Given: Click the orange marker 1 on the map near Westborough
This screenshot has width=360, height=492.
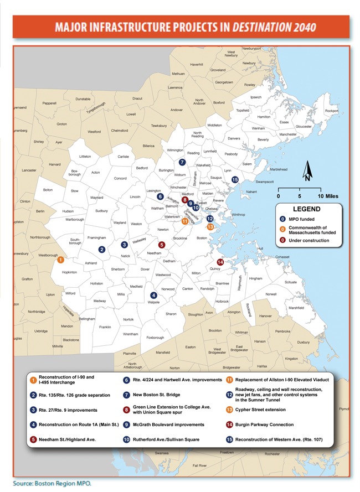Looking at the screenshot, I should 60,259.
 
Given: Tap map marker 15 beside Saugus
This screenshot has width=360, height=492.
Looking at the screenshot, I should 235,179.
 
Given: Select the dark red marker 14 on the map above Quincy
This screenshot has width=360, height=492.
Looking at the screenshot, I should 220,262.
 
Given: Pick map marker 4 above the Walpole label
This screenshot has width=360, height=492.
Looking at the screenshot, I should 153,295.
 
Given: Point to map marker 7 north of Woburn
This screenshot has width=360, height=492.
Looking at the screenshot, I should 182,162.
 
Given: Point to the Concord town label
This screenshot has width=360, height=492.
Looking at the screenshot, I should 120,178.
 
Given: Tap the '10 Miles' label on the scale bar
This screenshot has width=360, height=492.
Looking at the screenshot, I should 328,196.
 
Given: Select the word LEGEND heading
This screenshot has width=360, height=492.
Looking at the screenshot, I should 306,209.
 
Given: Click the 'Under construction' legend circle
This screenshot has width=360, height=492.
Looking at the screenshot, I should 283,240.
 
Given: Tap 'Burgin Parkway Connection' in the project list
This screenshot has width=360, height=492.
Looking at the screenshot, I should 265,424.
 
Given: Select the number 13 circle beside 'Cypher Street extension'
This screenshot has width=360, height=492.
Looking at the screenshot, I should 229,410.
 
